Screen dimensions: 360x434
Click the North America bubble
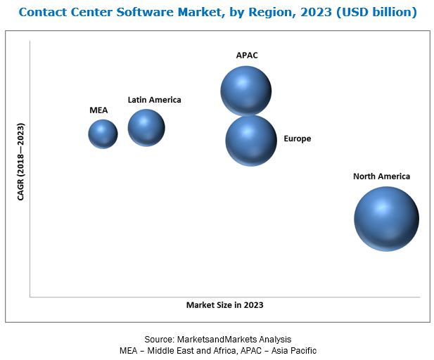point(386,219)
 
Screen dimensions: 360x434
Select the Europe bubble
point(251,141)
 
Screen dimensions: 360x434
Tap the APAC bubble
point(245,91)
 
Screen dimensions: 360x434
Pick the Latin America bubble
point(146,127)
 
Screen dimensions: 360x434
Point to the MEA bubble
point(103,134)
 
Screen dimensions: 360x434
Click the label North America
point(381,176)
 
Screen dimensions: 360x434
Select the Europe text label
point(297,139)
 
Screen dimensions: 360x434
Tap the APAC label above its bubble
point(246,54)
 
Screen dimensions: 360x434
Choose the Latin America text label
point(154,100)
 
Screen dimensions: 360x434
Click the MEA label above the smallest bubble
point(98,110)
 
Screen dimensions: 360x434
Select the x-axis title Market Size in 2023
point(224,305)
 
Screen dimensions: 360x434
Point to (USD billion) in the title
point(376,12)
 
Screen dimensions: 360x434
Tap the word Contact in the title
point(42,12)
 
